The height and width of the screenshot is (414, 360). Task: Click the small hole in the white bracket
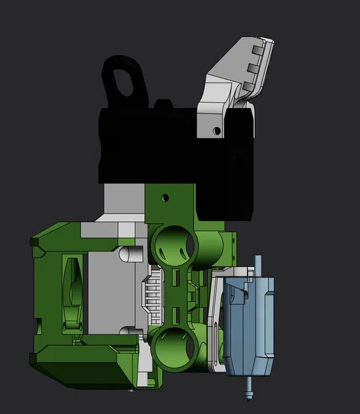point(216,131)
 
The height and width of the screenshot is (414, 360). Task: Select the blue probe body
point(251,325)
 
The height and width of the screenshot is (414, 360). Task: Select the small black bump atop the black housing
point(163,104)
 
